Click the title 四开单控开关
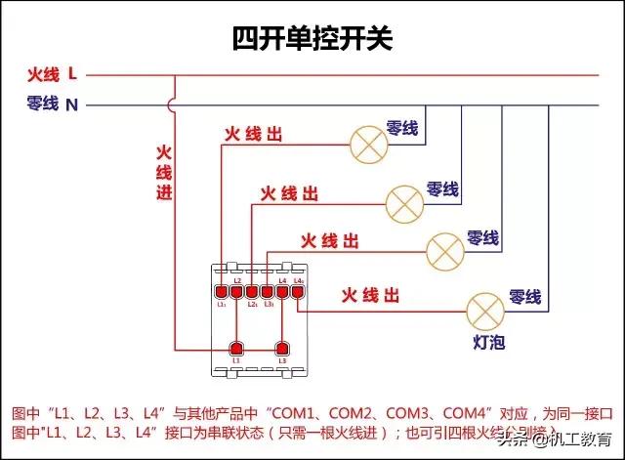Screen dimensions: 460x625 point(312,38)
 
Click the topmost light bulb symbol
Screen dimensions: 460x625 point(368,145)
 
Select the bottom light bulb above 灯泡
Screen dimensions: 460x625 point(484,310)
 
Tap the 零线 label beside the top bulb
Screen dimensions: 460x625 point(401,128)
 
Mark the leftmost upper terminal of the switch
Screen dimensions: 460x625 point(222,290)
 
